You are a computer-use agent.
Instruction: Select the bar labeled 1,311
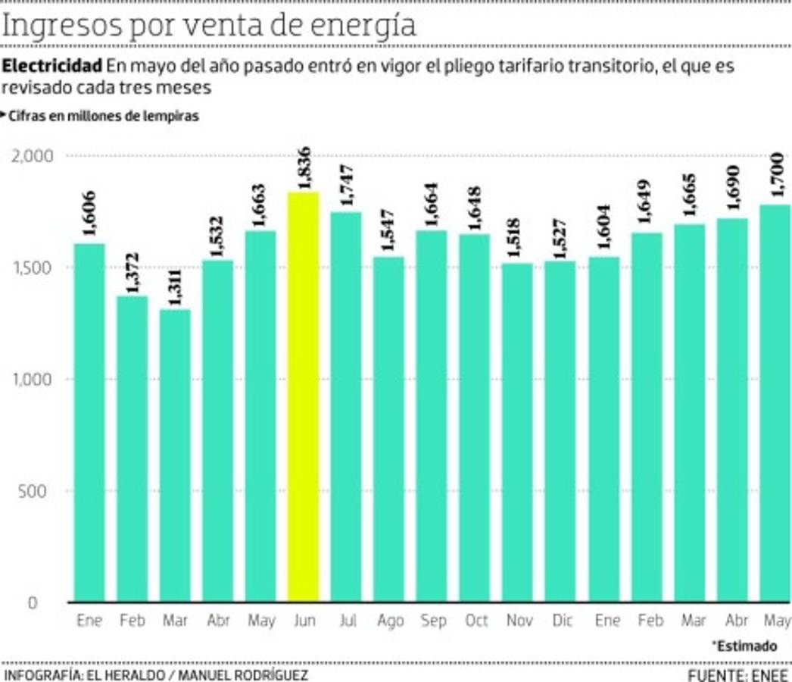tap(175, 455)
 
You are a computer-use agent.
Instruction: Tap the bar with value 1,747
tap(346, 406)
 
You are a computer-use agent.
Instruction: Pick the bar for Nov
tap(518, 432)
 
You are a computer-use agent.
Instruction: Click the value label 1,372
tap(133, 273)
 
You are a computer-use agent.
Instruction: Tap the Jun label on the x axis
tap(304, 621)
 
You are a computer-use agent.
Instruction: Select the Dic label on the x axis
tap(563, 621)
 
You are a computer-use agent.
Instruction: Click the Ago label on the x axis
tap(390, 621)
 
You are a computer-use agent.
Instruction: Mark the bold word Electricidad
tap(51, 65)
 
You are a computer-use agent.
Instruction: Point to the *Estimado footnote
tap(744, 646)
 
